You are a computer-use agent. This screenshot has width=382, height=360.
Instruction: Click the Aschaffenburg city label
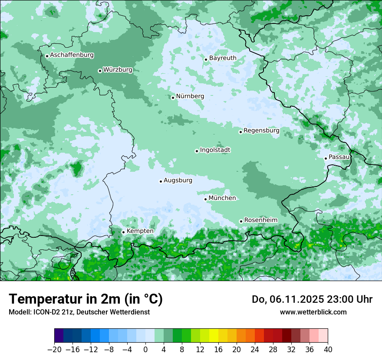pyautogui.click(x=72, y=55)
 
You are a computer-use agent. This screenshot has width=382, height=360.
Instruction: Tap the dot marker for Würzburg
pyautogui.click(x=100, y=71)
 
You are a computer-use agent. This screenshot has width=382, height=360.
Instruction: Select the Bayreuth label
pyautogui.click(x=223, y=58)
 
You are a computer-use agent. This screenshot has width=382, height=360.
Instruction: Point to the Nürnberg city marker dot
pyautogui.click(x=173, y=98)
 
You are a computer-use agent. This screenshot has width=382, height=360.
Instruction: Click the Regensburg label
pyautogui.click(x=261, y=130)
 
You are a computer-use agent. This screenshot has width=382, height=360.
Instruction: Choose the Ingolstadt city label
pyautogui.click(x=215, y=150)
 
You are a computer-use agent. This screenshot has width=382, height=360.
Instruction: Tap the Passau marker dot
pyautogui.click(x=326, y=158)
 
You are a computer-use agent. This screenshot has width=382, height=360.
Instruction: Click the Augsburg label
pyautogui.click(x=178, y=180)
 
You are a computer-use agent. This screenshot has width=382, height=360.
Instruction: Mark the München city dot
pyautogui.click(x=206, y=199)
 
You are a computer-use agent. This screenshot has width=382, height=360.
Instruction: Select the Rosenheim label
pyautogui.click(x=260, y=220)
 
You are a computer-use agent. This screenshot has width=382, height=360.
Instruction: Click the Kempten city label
pyautogui.click(x=140, y=231)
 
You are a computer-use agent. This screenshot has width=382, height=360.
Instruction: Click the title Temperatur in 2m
pyautogui.click(x=86, y=299)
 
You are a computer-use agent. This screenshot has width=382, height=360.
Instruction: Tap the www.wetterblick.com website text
pyautogui.click(x=313, y=312)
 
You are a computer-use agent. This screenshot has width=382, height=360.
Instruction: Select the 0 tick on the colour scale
pyautogui.click(x=145, y=350)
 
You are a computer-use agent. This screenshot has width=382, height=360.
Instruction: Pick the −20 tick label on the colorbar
pyautogui.click(x=54, y=350)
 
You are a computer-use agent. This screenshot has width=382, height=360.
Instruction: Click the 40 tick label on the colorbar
pyautogui.click(x=328, y=350)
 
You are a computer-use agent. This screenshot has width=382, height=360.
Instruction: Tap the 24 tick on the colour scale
pyautogui.click(x=255, y=350)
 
